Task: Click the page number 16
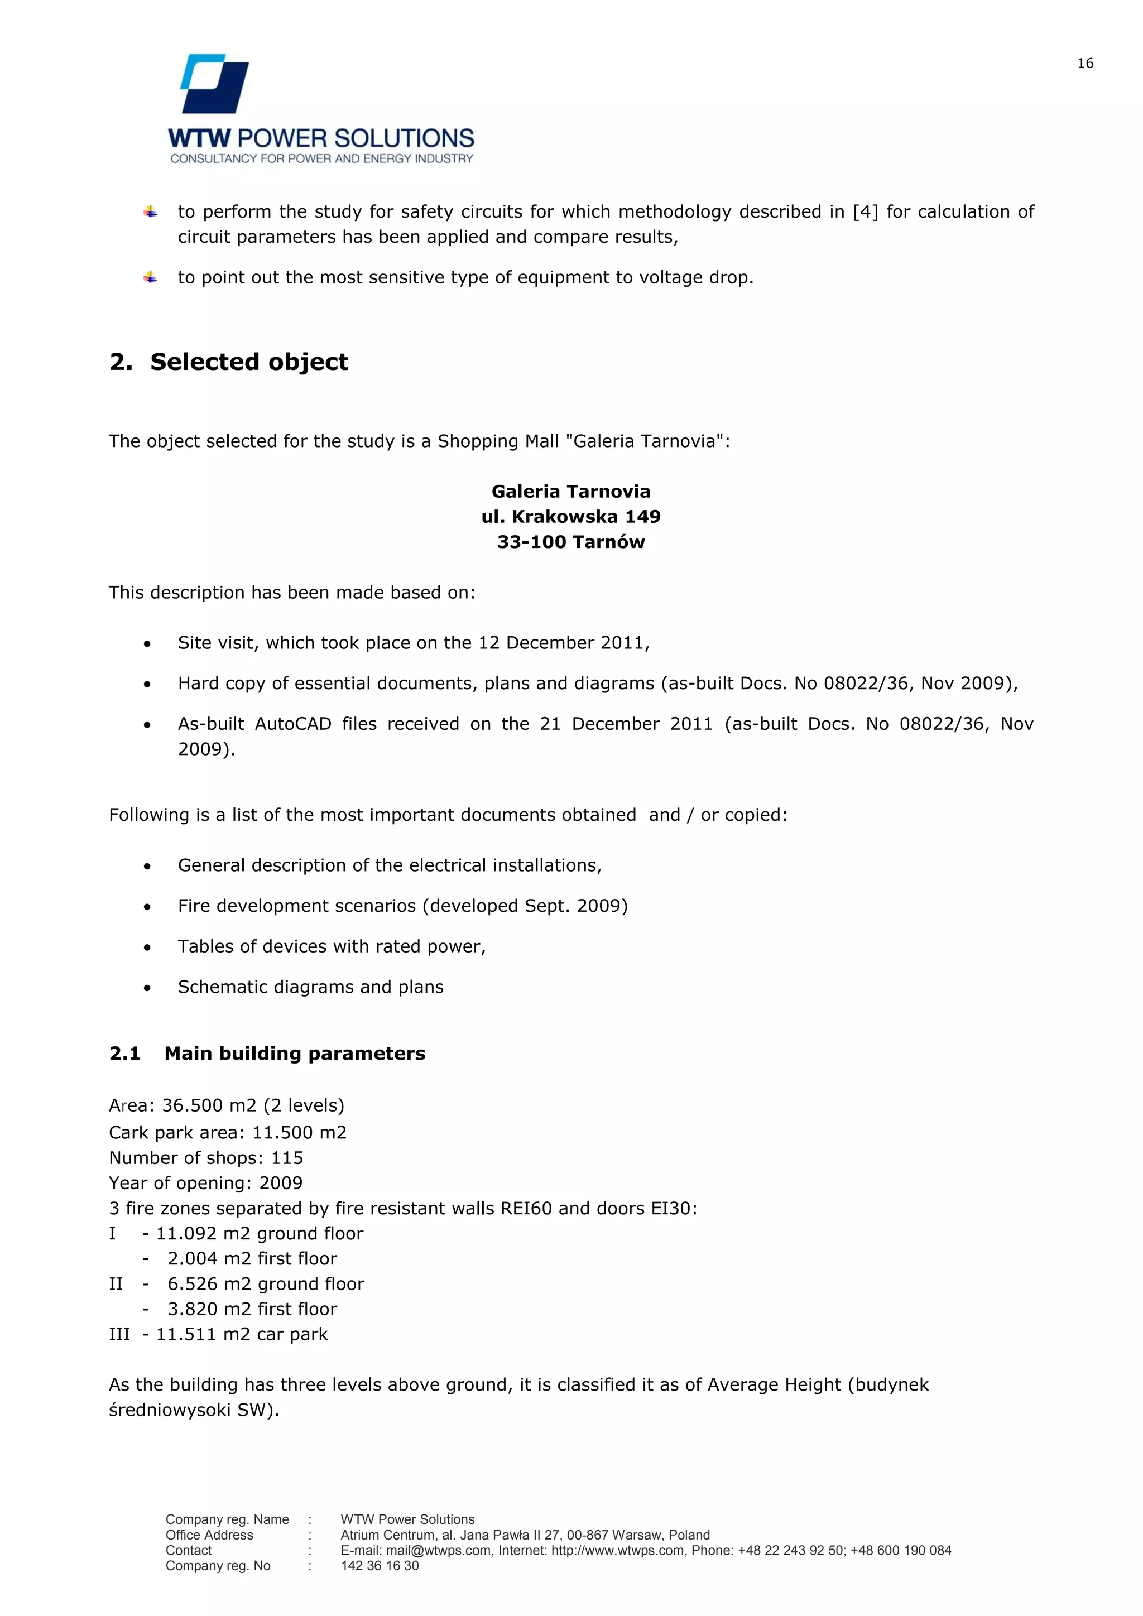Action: (1084, 64)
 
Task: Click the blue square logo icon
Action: (215, 84)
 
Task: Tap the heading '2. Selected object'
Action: (229, 362)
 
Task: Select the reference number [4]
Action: (865, 212)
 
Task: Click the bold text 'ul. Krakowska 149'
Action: (571, 517)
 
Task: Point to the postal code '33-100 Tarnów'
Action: (571, 542)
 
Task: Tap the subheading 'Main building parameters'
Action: (294, 1053)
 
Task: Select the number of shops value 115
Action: (287, 1158)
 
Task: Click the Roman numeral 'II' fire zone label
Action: (116, 1284)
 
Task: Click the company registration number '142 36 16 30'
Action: (380, 1566)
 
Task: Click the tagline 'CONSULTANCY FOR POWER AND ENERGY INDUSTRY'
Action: (321, 159)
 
